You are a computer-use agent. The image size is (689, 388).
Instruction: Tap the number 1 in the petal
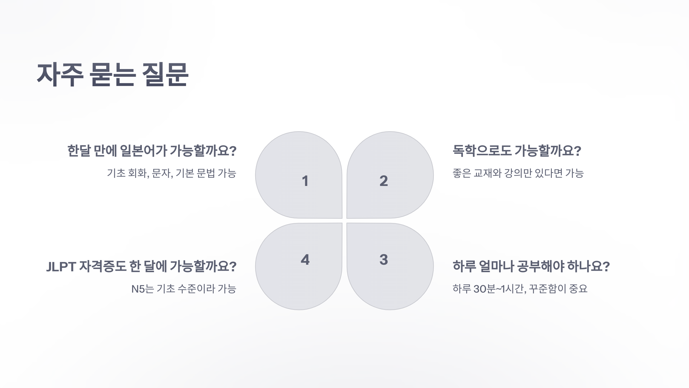305,181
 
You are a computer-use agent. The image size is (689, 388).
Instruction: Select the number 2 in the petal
384,181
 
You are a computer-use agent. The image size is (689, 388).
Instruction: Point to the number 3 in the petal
384,260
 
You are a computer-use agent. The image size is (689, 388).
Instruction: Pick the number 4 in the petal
305,260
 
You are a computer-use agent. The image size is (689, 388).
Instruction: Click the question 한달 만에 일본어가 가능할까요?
152,151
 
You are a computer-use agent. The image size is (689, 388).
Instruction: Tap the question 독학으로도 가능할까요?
517,151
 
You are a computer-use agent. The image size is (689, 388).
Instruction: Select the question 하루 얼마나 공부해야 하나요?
531,266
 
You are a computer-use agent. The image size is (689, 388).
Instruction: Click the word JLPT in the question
61,267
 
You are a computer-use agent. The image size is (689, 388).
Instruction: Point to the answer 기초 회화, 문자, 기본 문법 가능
171,173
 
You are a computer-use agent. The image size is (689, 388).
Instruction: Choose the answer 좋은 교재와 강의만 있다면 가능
518,173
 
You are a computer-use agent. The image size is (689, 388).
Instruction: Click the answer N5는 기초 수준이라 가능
184,289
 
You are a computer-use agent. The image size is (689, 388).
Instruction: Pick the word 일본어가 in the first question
143,151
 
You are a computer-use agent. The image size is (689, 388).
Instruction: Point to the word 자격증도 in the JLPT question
102,266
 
